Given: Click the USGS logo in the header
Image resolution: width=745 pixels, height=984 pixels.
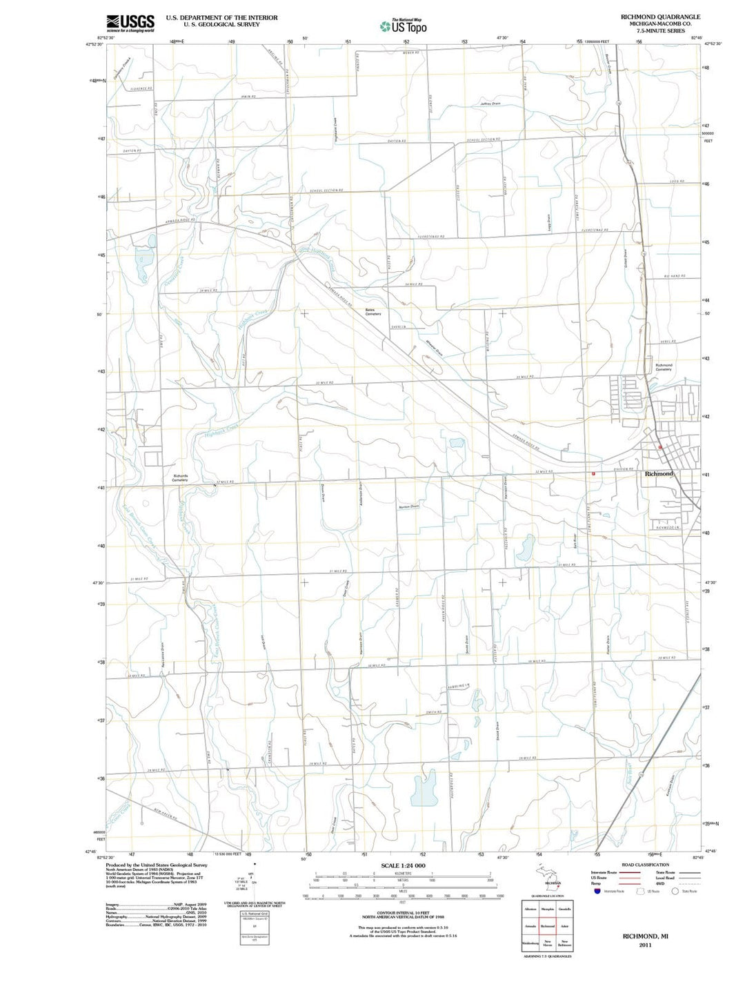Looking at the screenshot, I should (x=130, y=23).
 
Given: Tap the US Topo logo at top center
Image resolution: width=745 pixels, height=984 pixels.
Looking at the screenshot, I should (x=404, y=26).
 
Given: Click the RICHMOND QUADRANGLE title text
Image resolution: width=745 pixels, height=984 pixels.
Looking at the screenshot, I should (x=660, y=17).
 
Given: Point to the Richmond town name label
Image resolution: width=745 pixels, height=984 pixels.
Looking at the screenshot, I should (x=659, y=474).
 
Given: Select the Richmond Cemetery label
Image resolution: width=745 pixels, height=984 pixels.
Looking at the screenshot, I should (x=664, y=367).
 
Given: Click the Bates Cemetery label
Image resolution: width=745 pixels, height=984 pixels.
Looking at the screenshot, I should (x=373, y=312).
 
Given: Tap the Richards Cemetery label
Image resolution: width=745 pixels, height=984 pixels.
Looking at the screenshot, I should (x=180, y=478).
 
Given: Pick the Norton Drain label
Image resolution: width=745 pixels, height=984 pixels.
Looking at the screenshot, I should (x=408, y=506).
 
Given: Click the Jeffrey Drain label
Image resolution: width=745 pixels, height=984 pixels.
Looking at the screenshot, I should (x=490, y=104).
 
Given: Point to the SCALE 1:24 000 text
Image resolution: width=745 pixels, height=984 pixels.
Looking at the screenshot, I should (x=403, y=865).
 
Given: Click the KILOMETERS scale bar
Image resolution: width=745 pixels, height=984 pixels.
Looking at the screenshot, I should (x=403, y=874).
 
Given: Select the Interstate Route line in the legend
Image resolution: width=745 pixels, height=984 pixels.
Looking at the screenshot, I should (x=630, y=872).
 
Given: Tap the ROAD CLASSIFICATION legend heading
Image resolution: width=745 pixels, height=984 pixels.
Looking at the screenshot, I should (x=645, y=865).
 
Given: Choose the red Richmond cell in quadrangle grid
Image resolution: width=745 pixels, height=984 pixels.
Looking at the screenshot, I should (x=548, y=926).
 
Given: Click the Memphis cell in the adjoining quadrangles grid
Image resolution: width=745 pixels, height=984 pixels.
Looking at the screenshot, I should (x=548, y=909).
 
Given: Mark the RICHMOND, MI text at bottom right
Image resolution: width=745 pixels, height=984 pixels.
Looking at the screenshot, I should (x=646, y=936).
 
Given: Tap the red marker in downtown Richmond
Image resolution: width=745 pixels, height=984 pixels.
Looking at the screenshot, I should (x=660, y=447).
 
